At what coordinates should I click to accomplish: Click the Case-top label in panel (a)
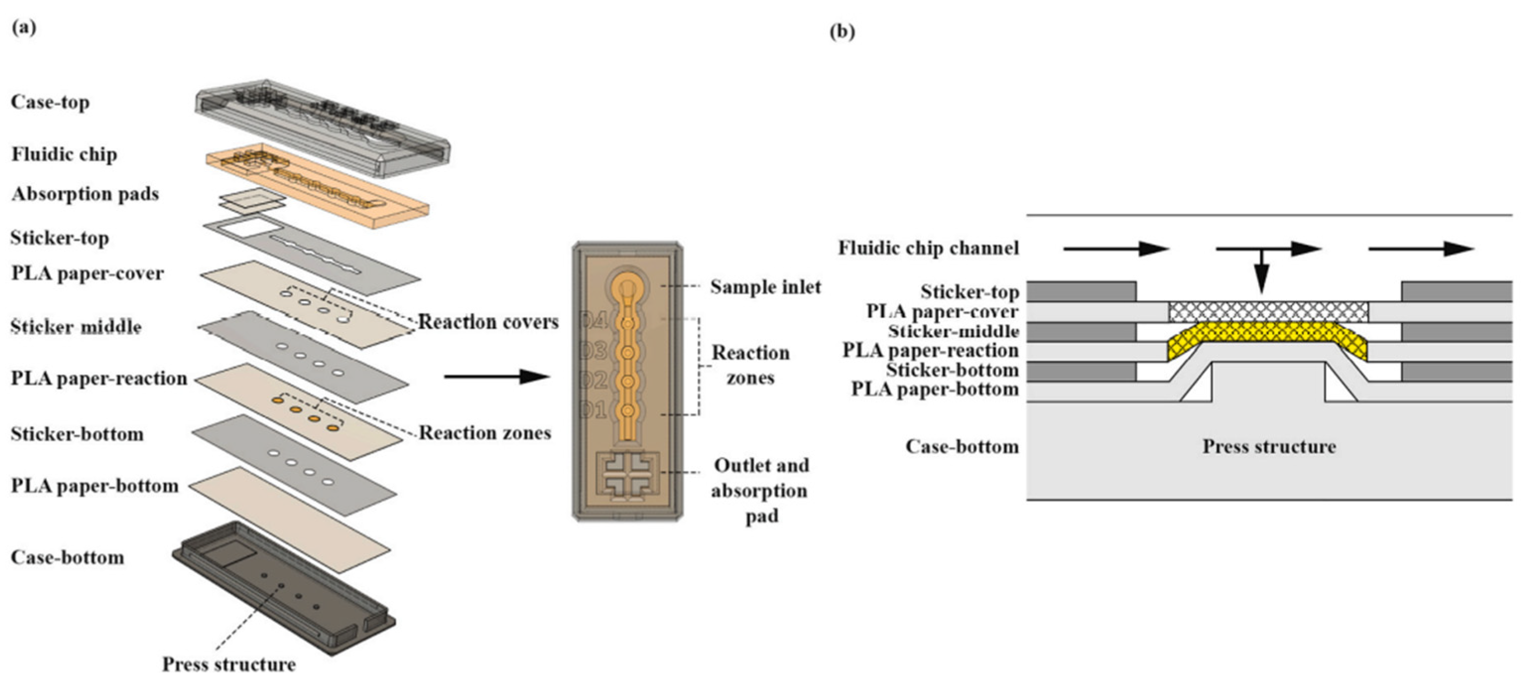click(51, 102)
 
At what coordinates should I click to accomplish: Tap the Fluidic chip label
click(64, 154)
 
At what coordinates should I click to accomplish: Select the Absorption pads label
click(85, 194)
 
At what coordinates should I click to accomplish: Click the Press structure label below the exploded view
click(229, 664)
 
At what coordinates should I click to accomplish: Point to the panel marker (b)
click(842, 31)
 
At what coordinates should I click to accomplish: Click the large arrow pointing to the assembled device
click(496, 376)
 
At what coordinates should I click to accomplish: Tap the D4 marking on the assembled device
click(594, 321)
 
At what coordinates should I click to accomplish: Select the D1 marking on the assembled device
click(594, 410)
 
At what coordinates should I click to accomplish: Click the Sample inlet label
click(765, 287)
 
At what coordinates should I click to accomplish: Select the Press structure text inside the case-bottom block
click(1269, 446)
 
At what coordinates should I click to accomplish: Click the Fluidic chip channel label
click(928, 248)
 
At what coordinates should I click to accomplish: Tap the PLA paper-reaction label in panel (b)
click(930, 351)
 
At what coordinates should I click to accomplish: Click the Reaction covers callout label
click(488, 322)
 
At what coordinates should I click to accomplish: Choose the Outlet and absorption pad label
click(760, 490)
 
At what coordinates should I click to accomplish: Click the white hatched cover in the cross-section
click(1268, 311)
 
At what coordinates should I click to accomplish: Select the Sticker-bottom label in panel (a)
click(77, 434)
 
